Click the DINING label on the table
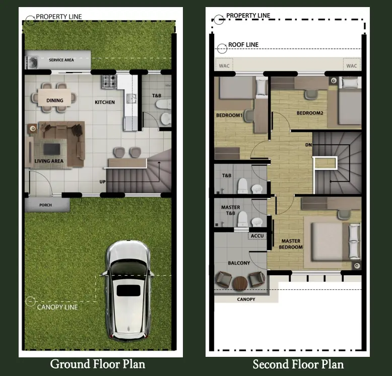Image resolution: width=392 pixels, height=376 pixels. (x=55, y=100)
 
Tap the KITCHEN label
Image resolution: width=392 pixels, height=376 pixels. (x=105, y=102)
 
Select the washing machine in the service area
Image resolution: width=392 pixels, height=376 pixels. (x=32, y=62)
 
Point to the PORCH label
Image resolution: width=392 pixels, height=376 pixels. (x=45, y=205)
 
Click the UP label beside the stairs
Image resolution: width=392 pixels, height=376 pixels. (x=102, y=182)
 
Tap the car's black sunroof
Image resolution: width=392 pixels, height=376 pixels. (x=128, y=290)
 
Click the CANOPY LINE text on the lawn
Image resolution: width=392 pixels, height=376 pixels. (x=57, y=307)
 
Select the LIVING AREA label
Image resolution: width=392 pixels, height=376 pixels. (x=49, y=161)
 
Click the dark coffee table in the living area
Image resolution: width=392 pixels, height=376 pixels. (x=52, y=149)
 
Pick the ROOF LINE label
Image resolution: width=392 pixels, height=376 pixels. (x=243, y=45)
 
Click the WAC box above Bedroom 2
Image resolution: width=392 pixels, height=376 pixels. (x=352, y=66)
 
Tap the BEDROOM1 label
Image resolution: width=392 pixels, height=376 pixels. (x=229, y=115)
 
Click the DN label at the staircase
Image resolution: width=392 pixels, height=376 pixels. (x=308, y=145)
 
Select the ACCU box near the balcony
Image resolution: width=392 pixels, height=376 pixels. (x=257, y=236)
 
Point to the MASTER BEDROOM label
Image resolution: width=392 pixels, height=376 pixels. (x=291, y=244)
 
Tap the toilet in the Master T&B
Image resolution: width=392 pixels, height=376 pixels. (x=242, y=219)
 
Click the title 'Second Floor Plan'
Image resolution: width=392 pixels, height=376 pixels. (x=298, y=364)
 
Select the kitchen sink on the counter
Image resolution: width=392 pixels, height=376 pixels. (x=131, y=98)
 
